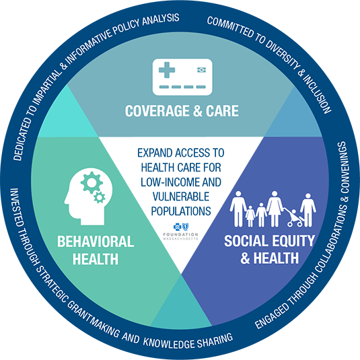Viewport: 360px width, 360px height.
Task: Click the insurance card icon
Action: [182, 77]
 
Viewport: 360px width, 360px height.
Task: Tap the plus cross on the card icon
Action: [167, 70]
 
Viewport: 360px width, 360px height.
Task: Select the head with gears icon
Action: [88, 196]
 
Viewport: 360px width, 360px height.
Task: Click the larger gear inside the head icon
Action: [92, 182]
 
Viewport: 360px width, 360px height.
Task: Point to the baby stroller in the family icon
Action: [293, 217]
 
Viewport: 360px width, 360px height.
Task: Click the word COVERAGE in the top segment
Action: [157, 111]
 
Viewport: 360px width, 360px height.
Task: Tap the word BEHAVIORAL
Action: [96, 242]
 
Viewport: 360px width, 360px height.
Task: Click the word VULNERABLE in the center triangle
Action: [181, 196]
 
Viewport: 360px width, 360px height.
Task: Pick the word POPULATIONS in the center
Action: [181, 211]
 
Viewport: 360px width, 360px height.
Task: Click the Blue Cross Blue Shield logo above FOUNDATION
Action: [181, 227]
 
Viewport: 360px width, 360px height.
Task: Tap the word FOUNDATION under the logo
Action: [181, 235]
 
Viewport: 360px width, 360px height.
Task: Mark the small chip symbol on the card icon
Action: [202, 70]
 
